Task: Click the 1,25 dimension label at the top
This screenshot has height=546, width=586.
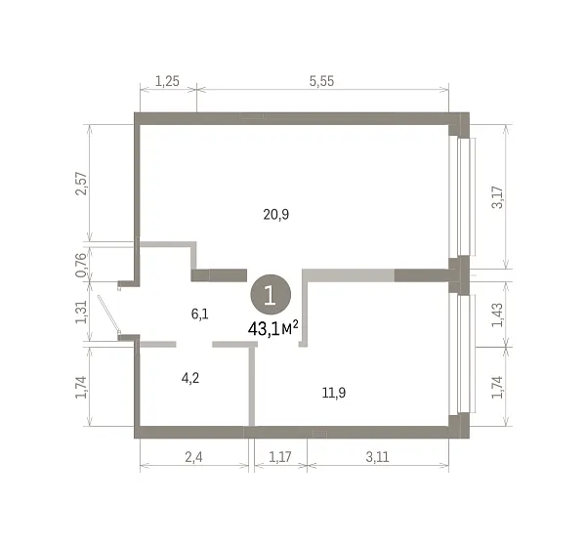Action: coord(167,81)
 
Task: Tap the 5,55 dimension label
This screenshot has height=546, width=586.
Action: coord(321,81)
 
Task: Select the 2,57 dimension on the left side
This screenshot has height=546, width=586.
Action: coord(81,183)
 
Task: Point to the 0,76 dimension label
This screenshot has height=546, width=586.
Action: coord(81,265)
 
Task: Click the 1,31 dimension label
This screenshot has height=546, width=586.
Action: coord(81,312)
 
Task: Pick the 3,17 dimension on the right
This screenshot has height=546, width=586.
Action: coord(497,197)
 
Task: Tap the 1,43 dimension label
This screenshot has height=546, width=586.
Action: coord(497,315)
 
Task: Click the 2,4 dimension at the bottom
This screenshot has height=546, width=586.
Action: coord(193,457)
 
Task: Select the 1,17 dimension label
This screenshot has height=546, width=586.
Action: coord(280,457)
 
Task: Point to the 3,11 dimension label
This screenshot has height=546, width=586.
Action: coord(377,457)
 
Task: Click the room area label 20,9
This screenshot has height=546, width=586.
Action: coord(275,215)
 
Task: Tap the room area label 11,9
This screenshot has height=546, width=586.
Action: coord(334,393)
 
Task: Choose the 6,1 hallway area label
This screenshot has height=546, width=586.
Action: coord(199,314)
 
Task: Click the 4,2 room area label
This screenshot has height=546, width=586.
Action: coord(190,378)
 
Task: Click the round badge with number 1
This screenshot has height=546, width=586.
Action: coord(271,295)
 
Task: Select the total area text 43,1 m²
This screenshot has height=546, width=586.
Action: coord(273,328)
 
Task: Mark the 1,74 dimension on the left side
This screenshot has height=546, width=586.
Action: coord(81,387)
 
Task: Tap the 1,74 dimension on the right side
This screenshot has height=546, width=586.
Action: coord(497,387)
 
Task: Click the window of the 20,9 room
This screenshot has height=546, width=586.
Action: coord(462,197)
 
